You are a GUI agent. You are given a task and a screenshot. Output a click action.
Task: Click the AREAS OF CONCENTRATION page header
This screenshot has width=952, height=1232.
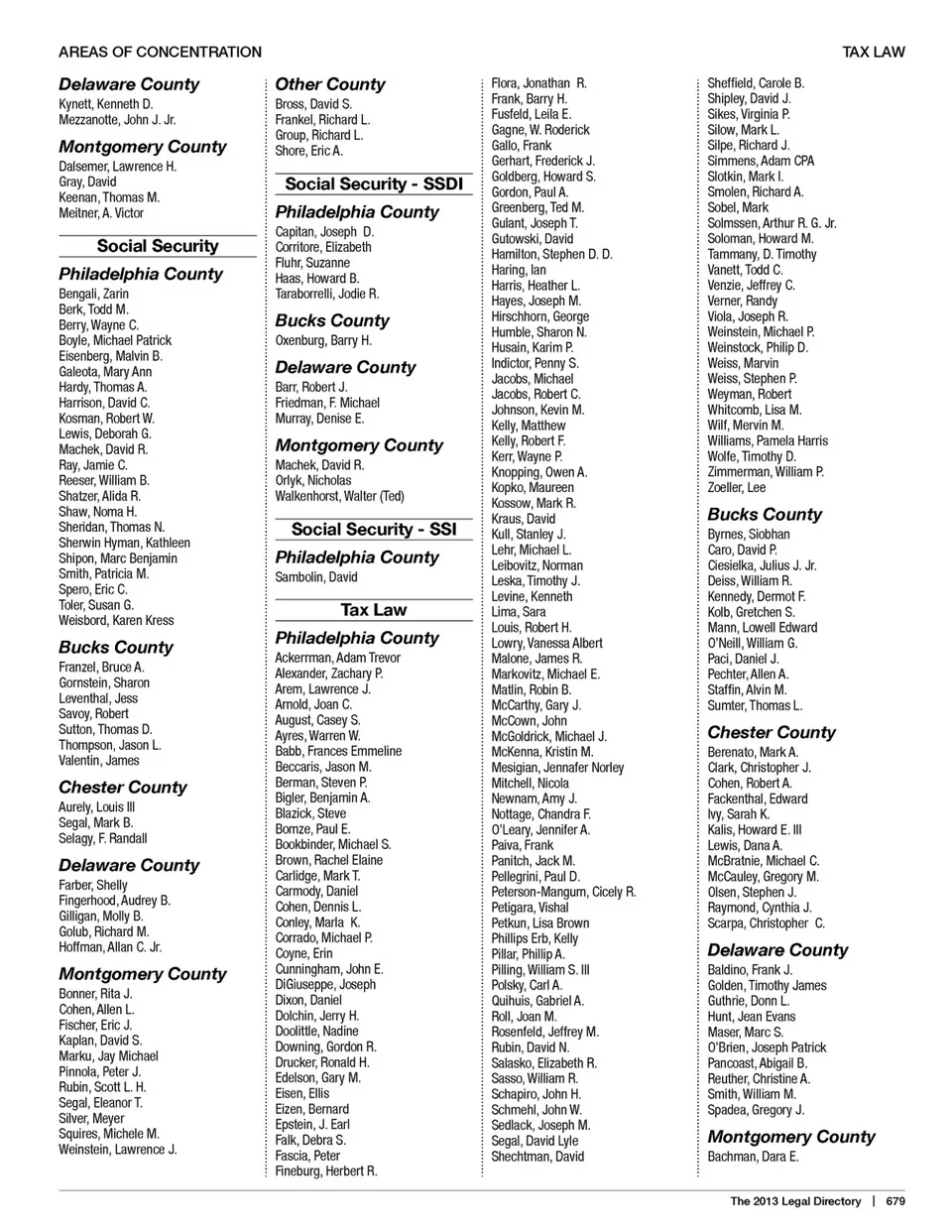click(x=160, y=52)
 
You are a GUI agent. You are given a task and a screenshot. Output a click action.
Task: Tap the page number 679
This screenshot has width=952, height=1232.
click(x=895, y=1201)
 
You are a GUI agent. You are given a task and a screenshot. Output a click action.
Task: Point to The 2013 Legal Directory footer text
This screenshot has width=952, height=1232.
click(x=795, y=1201)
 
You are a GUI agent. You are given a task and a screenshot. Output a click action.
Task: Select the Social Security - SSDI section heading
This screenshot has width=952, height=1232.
click(x=374, y=184)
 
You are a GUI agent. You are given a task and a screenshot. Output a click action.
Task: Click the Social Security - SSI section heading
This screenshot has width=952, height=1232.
click(x=374, y=529)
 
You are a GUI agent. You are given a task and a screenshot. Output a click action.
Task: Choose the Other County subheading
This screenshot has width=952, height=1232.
click(x=330, y=84)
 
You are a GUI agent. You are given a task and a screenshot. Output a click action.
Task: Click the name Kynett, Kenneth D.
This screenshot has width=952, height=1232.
click(x=105, y=104)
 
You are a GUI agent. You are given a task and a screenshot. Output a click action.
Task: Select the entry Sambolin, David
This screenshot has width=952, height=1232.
click(x=316, y=577)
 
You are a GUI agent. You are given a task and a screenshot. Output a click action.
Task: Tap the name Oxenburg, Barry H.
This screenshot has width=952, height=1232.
click(x=323, y=340)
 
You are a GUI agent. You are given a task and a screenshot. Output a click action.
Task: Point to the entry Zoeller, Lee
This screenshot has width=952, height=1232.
click(x=736, y=488)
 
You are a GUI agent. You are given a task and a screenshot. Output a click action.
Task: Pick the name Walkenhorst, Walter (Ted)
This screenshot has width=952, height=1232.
click(x=339, y=496)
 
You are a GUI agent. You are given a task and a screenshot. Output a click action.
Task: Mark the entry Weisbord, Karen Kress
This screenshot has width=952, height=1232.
click(x=116, y=621)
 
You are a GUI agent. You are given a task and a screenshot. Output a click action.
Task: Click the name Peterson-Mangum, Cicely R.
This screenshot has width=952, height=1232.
click(x=563, y=892)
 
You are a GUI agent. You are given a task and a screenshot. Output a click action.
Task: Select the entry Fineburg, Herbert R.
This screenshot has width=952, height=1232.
click(x=326, y=1171)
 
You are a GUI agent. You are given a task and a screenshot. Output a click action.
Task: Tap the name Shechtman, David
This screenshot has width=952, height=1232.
click(x=537, y=1157)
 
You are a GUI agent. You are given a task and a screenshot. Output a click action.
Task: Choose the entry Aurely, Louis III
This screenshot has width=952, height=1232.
click(x=96, y=807)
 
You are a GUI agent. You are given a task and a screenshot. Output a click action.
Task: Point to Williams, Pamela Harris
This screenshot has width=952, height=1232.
click(x=768, y=441)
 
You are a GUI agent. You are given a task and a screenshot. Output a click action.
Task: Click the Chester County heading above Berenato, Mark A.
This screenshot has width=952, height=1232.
click(x=772, y=732)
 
